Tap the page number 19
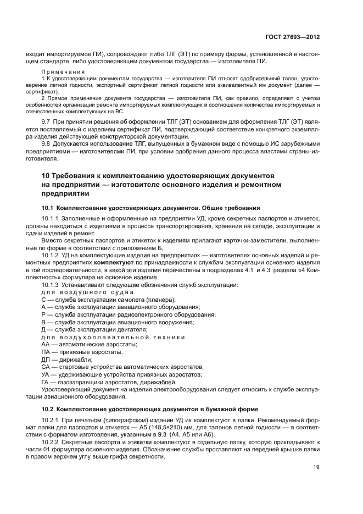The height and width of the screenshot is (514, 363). pyautogui.click(x=316, y=467)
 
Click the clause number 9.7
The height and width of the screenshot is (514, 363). pyautogui.click(x=47, y=121)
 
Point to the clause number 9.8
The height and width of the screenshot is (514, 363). pyautogui.click(x=47, y=144)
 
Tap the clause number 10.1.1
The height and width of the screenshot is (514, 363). pyautogui.click(x=51, y=219)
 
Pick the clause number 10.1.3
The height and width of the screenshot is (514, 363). pyautogui.click(x=51, y=285)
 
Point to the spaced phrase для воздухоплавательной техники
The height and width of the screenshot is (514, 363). pyautogui.click(x=113, y=336)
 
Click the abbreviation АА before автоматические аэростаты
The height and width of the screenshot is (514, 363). pyautogui.click(x=46, y=344)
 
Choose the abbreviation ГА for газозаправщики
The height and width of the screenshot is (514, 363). pyautogui.click(x=46, y=381)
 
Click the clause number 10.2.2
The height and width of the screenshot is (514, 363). pyautogui.click(x=51, y=443)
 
